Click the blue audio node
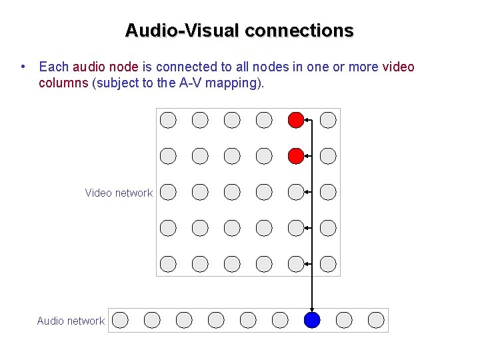click(312, 320)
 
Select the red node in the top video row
click(296, 120)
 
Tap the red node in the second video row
click(296, 156)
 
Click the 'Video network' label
click(119, 193)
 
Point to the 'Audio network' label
click(71, 321)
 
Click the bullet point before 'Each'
click(23, 67)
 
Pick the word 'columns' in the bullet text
click(63, 83)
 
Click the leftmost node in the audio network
click(120, 320)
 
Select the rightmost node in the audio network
click(376, 320)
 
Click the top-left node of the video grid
click(168, 120)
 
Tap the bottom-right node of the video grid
click(328, 264)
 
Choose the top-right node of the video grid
click(328, 120)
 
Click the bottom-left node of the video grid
click(168, 264)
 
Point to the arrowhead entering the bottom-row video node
click(307, 264)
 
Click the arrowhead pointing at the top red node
click(307, 120)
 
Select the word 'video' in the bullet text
click(398, 67)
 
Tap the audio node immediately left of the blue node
click(280, 320)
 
